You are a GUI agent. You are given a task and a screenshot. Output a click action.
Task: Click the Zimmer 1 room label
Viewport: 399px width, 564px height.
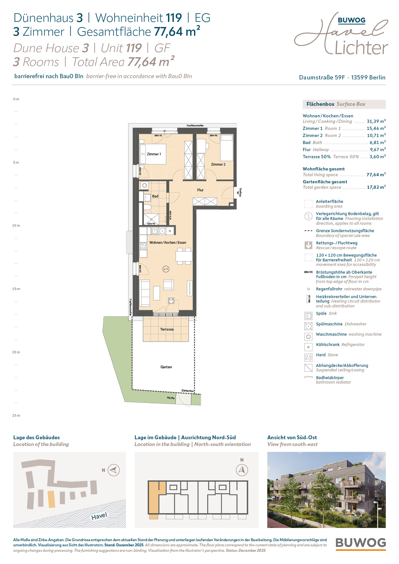pyautogui.click(x=154, y=154)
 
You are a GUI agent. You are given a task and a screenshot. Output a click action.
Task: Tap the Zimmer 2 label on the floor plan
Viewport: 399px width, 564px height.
pyautogui.click(x=218, y=164)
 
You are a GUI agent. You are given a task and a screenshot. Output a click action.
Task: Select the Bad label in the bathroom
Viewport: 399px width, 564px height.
pyautogui.click(x=155, y=196)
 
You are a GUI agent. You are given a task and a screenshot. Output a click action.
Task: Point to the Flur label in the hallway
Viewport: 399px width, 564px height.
pyautogui.click(x=200, y=190)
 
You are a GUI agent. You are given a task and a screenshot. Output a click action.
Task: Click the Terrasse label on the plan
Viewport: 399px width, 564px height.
pyautogui.click(x=167, y=329)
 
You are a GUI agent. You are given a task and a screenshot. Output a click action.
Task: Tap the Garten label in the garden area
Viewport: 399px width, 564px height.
pyautogui.click(x=166, y=367)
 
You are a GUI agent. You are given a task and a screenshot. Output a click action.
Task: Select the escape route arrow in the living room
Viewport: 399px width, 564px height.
pyautogui.click(x=171, y=301)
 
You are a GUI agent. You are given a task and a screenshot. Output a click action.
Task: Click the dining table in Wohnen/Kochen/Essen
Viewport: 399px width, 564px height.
pyautogui.click(x=184, y=256)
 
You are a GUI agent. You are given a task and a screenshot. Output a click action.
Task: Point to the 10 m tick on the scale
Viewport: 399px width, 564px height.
pyautogui.click(x=16, y=225)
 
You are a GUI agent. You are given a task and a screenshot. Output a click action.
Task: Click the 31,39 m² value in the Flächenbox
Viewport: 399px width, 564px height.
pyautogui.click(x=376, y=121)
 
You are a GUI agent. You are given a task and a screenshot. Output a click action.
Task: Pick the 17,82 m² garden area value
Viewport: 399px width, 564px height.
pyautogui.click(x=376, y=187)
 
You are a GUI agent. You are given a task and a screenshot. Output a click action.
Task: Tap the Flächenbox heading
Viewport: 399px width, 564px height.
pyautogui.click(x=320, y=104)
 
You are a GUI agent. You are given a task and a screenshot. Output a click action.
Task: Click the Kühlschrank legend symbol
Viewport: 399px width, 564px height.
pyautogui.click(x=308, y=347)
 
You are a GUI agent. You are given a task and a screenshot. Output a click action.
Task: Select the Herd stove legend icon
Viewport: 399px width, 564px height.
pyautogui.click(x=308, y=357)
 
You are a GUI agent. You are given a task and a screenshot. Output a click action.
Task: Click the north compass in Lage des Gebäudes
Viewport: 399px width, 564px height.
pyautogui.click(x=114, y=470)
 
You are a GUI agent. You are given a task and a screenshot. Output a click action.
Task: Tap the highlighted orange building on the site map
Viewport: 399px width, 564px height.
pyautogui.click(x=51, y=499)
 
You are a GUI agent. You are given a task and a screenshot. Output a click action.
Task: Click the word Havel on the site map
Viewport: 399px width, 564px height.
pyautogui.click(x=99, y=516)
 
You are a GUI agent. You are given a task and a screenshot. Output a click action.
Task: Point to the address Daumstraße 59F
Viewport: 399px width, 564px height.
pyautogui.click(x=322, y=77)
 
